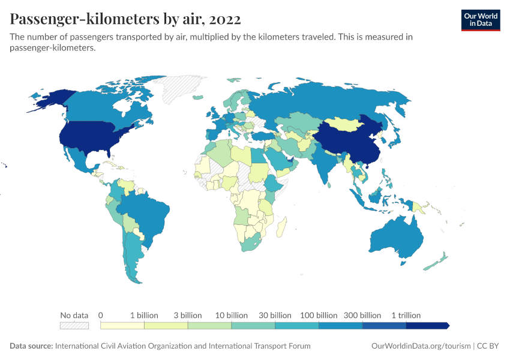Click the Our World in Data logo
[480, 20]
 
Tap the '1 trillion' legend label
[406, 315]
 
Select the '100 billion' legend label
[319, 315]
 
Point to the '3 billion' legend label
[188, 315]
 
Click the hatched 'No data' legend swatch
[74, 326]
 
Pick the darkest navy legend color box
[427, 326]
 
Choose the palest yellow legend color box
[122, 326]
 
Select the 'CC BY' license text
[489, 346]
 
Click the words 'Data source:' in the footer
[31, 346]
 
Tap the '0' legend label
[101, 315]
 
